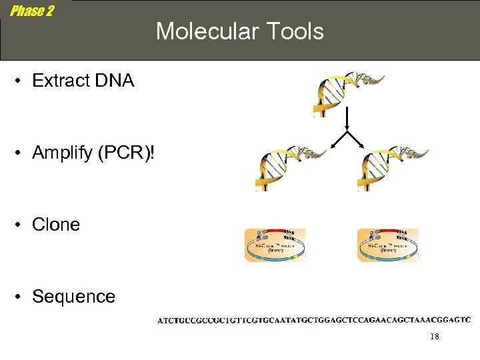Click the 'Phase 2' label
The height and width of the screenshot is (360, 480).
(32, 11)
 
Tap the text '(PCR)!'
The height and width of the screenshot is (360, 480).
(125, 153)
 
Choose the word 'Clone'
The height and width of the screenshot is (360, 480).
(56, 225)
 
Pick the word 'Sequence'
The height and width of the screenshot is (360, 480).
(73, 297)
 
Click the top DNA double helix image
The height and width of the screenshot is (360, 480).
(347, 93)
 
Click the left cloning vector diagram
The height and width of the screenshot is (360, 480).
(275, 245)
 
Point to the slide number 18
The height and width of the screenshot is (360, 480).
(434, 337)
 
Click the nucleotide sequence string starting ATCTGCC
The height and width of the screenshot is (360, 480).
(314, 320)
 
